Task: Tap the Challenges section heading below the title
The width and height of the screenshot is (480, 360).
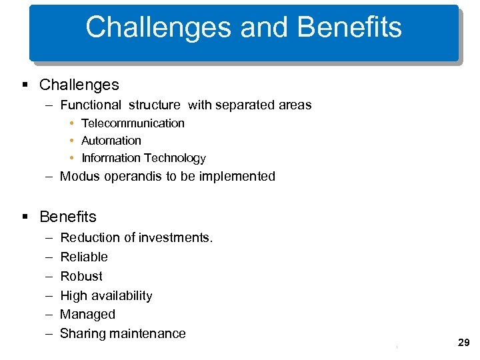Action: coord(79,85)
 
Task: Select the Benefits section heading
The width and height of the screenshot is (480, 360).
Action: coord(67,217)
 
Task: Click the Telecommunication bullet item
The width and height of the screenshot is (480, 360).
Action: coord(133,123)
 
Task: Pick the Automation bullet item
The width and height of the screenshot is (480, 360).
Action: coord(111,141)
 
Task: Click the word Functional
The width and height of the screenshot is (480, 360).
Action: coord(91,105)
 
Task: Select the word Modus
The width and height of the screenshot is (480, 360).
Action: coord(79,176)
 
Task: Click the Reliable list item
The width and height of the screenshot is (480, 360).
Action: coord(83,257)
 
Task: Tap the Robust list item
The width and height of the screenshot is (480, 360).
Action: coord(81,276)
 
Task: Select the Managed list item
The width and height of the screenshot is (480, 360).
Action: coord(87,314)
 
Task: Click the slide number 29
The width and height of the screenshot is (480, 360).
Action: coord(464,342)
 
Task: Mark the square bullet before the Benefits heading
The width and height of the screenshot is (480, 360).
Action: coord(25,217)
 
